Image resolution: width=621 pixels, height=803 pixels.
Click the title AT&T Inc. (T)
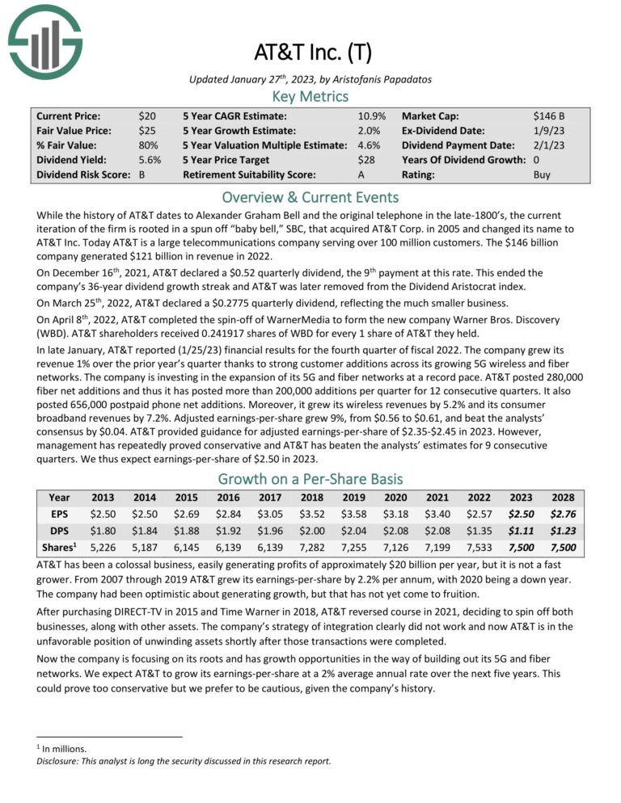[310, 54]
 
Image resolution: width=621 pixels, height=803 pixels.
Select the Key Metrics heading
[310, 96]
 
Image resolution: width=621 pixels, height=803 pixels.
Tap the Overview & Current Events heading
[310, 198]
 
